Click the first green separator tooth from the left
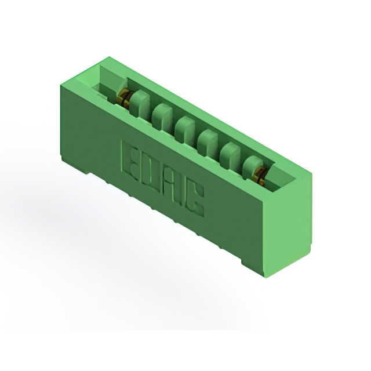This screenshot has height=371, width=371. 140,104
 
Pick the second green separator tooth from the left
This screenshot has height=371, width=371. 163,117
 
